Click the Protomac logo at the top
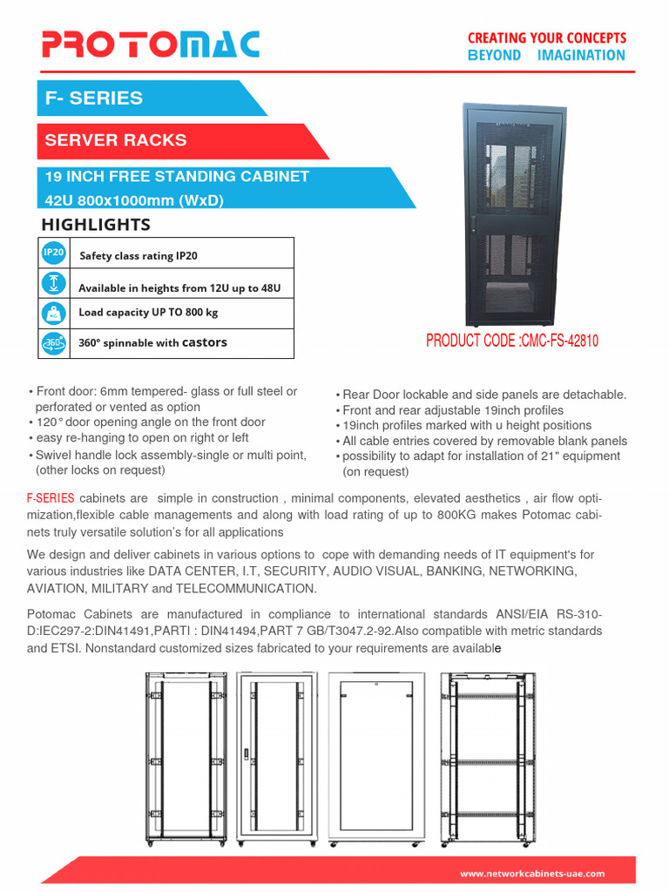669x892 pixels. tap(151, 44)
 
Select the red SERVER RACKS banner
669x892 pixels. tap(116, 140)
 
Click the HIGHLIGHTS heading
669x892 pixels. tap(96, 225)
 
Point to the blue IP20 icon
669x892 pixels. tap(53, 253)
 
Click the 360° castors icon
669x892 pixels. tap(53, 343)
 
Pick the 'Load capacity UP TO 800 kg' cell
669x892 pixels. tap(148, 313)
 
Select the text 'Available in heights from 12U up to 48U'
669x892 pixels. tap(179, 288)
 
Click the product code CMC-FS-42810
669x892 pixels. tap(512, 341)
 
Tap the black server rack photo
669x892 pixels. tap(515, 214)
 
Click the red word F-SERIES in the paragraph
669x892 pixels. tap(51, 498)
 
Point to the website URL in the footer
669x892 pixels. tap(531, 874)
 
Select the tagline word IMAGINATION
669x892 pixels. tap(581, 56)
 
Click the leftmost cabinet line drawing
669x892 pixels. tap(186, 758)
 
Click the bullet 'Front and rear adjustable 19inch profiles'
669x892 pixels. tap(452, 410)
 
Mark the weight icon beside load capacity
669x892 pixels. tap(53, 313)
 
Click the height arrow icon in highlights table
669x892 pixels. tap(53, 283)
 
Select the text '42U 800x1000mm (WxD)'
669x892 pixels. tap(134, 200)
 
